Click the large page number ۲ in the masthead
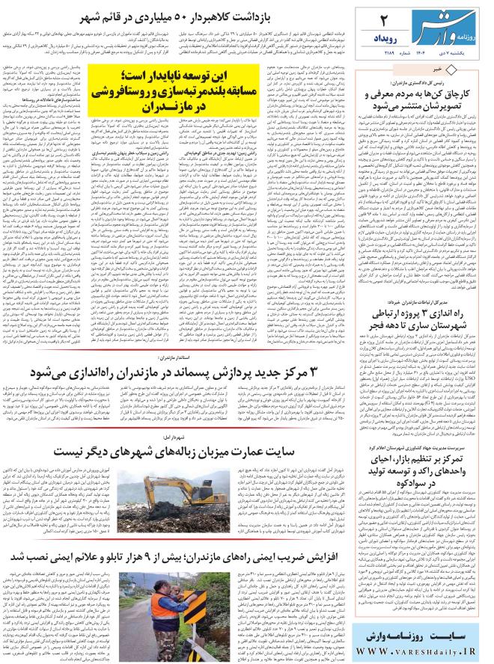tap(385, 18)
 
